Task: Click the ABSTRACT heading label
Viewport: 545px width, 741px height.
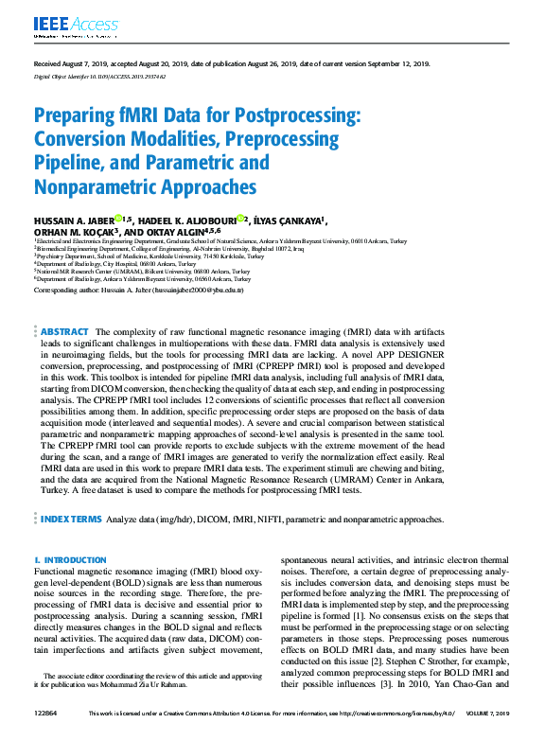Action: tap(65, 332)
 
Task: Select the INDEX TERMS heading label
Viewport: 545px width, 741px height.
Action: tap(71, 520)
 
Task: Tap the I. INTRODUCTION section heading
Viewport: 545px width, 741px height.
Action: tap(70, 560)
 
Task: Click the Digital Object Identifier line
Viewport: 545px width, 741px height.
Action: tap(99, 78)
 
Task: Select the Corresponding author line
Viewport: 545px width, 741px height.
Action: tap(139, 291)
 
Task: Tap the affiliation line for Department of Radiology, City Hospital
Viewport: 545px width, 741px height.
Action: tap(108, 264)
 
